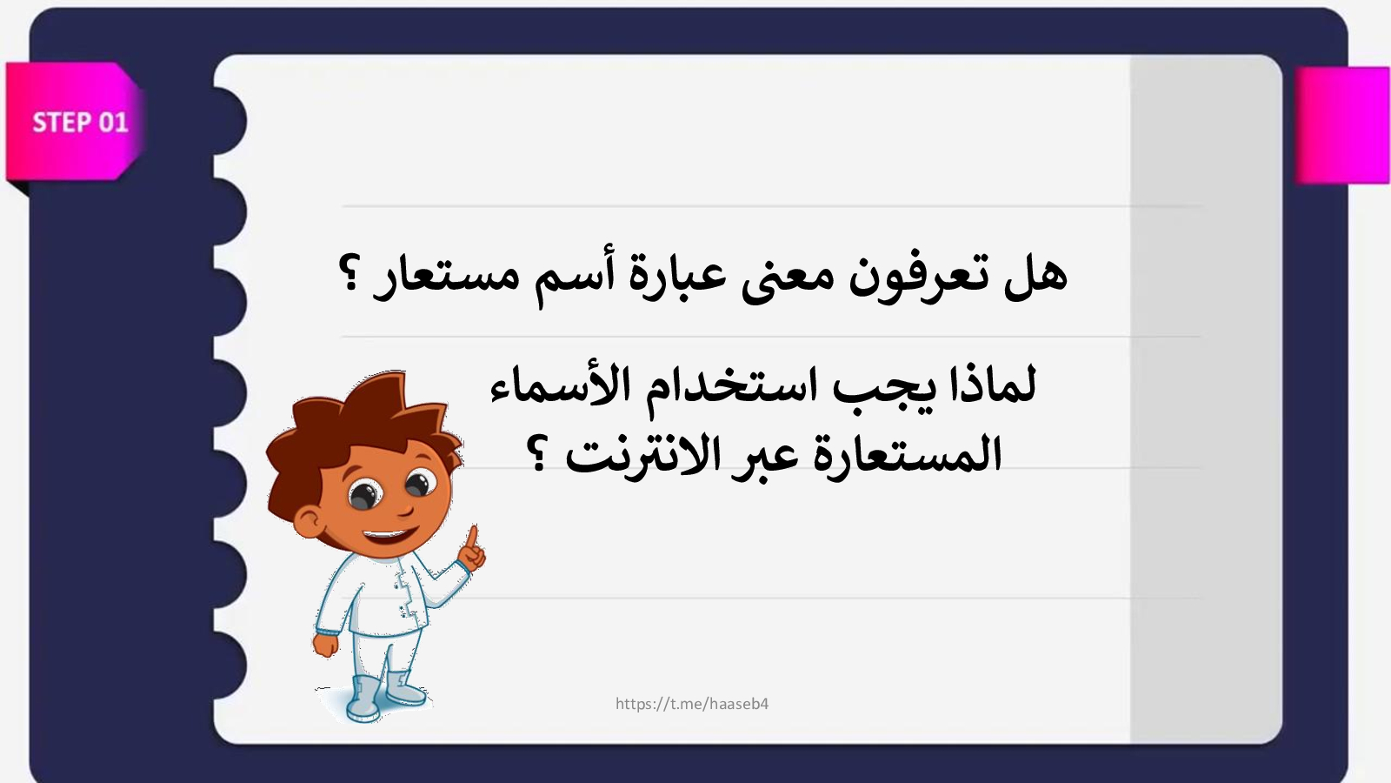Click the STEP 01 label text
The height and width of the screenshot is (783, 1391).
[80, 123]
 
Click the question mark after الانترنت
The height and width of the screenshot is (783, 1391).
[539, 453]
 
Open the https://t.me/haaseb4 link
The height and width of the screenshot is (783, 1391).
[692, 704]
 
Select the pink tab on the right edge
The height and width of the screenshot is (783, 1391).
[1342, 125]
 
